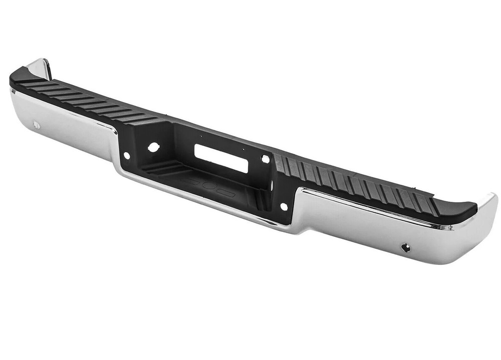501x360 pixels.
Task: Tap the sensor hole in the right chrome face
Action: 405,247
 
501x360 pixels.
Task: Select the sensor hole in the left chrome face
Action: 36,125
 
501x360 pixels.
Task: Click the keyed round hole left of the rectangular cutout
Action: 153,147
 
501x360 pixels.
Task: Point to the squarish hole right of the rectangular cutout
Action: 265,159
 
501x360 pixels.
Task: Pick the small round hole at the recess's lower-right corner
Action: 284,206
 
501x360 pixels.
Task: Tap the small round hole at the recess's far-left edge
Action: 126,156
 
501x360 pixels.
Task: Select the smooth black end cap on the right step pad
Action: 454,209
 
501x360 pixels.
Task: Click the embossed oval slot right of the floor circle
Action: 226,192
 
